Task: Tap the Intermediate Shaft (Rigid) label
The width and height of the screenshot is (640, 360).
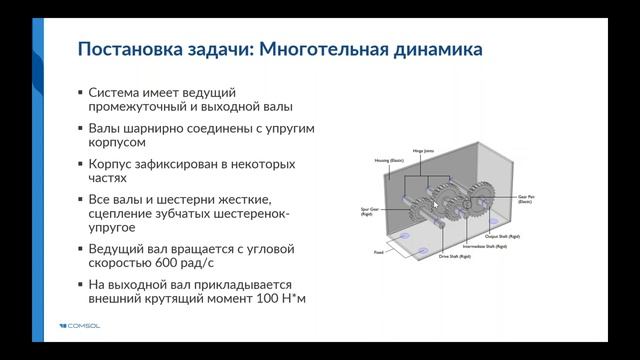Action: point(487,245)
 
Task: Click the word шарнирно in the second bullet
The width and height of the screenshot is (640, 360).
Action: point(174,129)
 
